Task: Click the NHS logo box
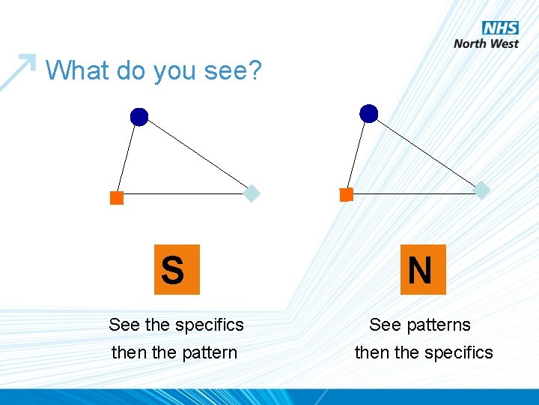(500, 28)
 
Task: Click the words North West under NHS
(486, 43)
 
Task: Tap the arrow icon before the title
(21, 69)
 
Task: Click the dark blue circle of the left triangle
(139, 117)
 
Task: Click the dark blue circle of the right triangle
(369, 113)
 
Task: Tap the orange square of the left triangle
(117, 198)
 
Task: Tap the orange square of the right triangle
(346, 195)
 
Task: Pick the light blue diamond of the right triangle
(483, 190)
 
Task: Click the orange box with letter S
(177, 269)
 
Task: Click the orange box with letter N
(423, 269)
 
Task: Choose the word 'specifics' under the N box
(459, 352)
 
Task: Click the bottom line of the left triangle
(183, 194)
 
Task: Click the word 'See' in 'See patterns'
(385, 325)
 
